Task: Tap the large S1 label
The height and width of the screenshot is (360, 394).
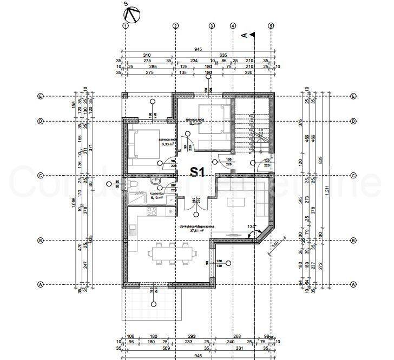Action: click(x=196, y=172)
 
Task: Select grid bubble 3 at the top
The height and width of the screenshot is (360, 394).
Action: click(x=212, y=25)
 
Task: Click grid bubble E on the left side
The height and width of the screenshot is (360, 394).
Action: click(x=40, y=96)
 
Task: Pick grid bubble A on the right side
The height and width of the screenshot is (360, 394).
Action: click(x=353, y=284)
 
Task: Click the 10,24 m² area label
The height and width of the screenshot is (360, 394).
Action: click(x=194, y=123)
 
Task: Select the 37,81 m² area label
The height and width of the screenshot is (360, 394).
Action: click(x=192, y=231)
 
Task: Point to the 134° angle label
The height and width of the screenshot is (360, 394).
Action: click(x=250, y=226)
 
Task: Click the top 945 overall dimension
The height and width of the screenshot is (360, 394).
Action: click(x=198, y=49)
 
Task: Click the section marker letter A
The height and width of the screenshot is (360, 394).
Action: click(x=244, y=36)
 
